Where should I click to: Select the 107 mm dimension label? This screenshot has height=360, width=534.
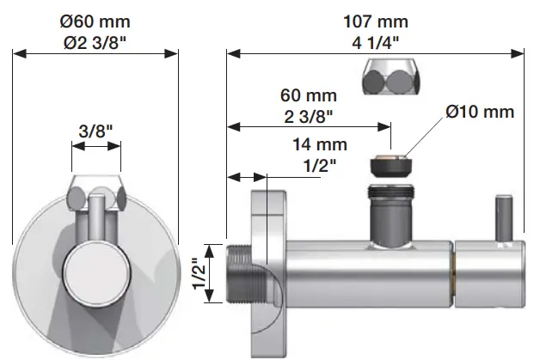click(x=375, y=20)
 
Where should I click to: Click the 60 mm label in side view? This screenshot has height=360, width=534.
click(x=309, y=95)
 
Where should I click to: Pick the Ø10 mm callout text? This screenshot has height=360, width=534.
click(x=480, y=112)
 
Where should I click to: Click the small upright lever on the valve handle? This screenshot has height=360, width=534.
click(x=502, y=218)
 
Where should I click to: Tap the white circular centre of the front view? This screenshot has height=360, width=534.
click(x=95, y=272)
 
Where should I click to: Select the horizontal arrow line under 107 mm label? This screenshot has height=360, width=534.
click(x=375, y=53)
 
